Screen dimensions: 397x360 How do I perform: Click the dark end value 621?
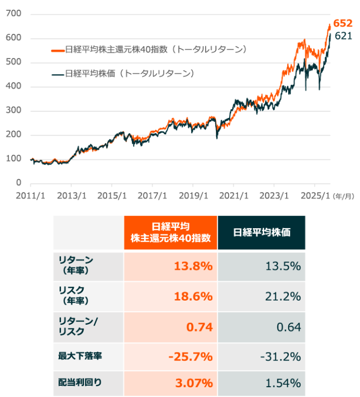[x=343, y=36]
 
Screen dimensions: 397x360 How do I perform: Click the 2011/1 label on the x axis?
[x=31, y=195]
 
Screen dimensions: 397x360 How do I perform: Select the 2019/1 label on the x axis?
[x=193, y=195]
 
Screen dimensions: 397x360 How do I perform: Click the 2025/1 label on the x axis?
[x=314, y=195]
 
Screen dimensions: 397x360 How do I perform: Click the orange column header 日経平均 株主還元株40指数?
[x=171, y=232]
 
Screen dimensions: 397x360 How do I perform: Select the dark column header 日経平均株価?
[x=262, y=232]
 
